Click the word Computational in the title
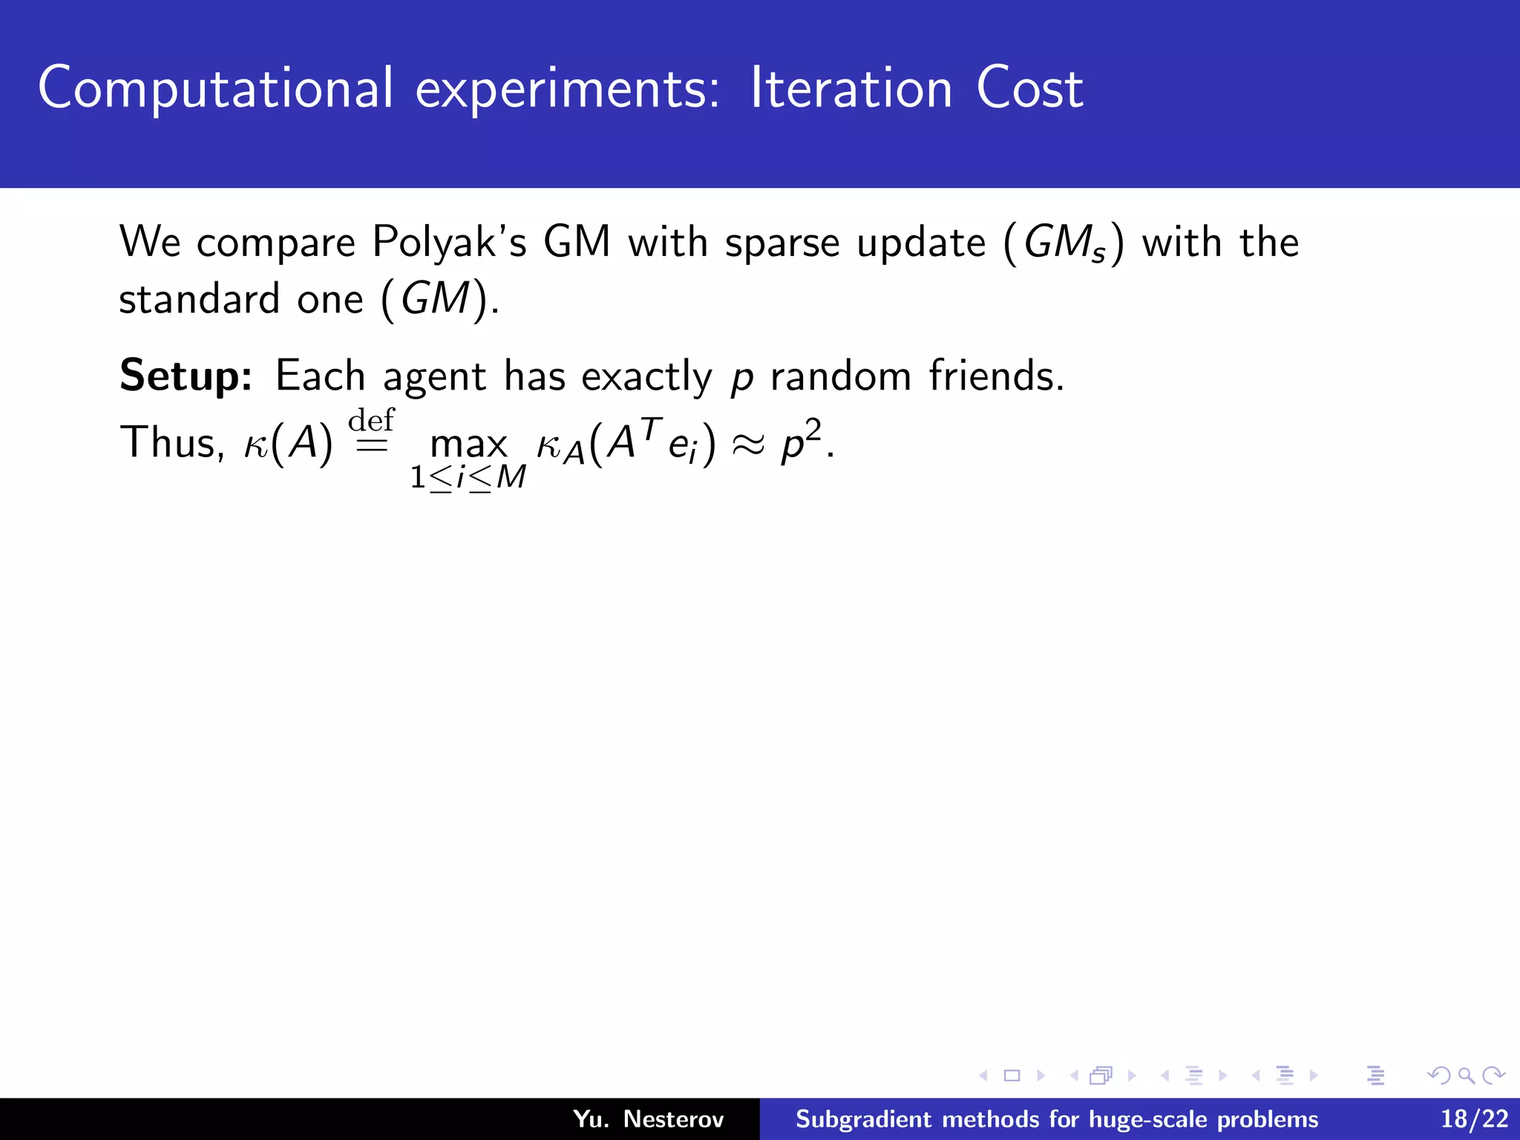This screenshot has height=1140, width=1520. [215, 89]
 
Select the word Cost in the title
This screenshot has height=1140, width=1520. [1029, 89]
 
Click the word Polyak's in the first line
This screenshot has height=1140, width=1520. [449, 243]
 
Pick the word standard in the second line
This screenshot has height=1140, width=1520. [199, 299]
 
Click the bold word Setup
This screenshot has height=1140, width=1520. [186, 376]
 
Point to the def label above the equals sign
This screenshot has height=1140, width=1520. [371, 420]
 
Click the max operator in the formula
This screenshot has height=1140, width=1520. [468, 445]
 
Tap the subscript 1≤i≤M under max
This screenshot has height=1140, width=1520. [468, 477]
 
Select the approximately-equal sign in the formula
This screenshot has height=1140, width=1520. [748, 445]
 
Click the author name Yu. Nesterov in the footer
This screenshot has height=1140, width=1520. [648, 1118]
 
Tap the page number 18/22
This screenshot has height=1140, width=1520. [1474, 1118]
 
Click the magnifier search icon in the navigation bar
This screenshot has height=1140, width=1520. [1466, 1075]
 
